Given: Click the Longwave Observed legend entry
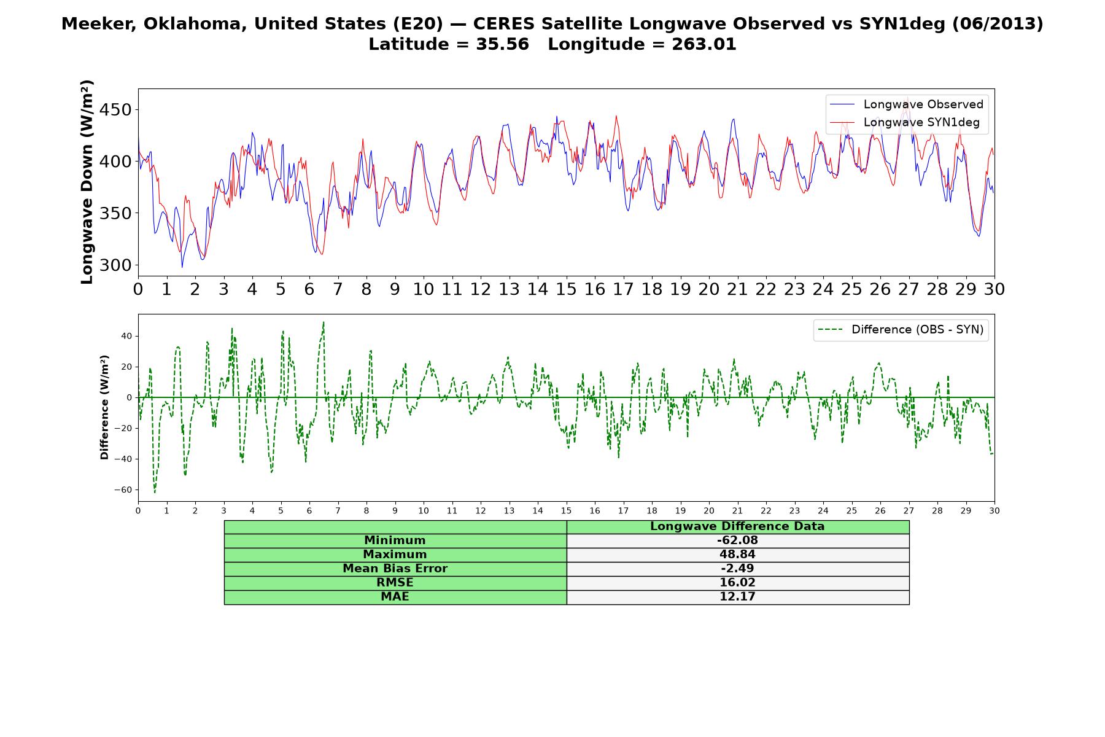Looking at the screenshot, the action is [906, 104].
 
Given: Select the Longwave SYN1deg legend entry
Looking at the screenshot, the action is [904, 122].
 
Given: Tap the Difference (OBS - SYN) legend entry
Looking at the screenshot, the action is [901, 330].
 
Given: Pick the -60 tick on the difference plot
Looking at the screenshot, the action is [123, 490].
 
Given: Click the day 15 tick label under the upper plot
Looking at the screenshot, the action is [566, 289].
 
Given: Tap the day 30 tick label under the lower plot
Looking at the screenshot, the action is [995, 510].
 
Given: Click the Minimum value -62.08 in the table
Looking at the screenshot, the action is [737, 540].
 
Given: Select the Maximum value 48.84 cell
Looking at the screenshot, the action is [737, 555].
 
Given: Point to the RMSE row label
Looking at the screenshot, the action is [395, 583].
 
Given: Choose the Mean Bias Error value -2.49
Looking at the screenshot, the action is [737, 569].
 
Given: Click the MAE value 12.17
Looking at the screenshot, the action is [737, 597].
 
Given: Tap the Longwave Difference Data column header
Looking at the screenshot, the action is [737, 526].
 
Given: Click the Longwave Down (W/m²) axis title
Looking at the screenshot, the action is [87, 182].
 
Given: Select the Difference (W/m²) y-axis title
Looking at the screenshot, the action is [104, 407].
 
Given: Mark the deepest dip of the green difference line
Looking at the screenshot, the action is [155, 493].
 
